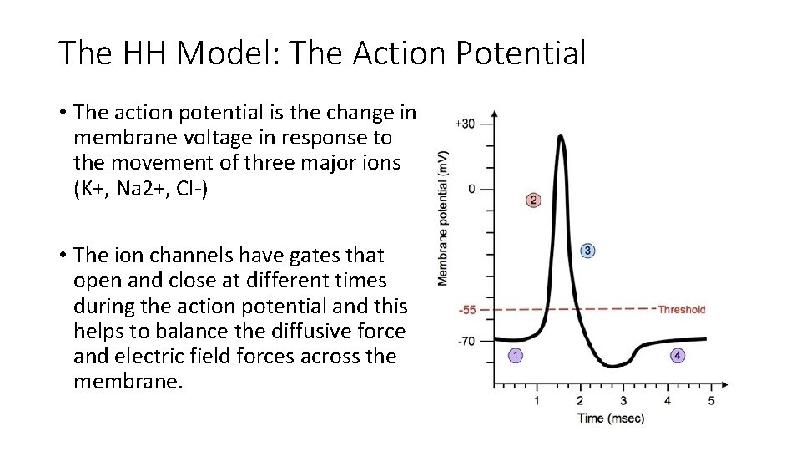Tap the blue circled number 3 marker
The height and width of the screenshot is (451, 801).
[x=587, y=251]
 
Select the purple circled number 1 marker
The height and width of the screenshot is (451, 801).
[x=516, y=356]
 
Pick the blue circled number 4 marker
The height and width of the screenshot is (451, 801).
[x=678, y=356]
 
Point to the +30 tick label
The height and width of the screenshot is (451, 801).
[x=464, y=124]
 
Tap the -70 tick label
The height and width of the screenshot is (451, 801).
[x=466, y=341]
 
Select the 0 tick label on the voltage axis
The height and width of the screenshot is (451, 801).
[x=471, y=189]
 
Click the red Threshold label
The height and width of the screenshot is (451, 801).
[x=681, y=310]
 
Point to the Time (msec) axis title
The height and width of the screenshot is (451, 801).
[x=611, y=418]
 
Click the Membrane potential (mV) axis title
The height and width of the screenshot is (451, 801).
[x=442, y=216]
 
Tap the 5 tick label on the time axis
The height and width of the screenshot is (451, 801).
[x=711, y=400]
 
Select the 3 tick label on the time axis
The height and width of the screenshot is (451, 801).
[x=623, y=400]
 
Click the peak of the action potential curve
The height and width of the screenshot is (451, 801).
[x=561, y=139]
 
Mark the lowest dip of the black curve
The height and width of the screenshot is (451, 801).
[x=614, y=366]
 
